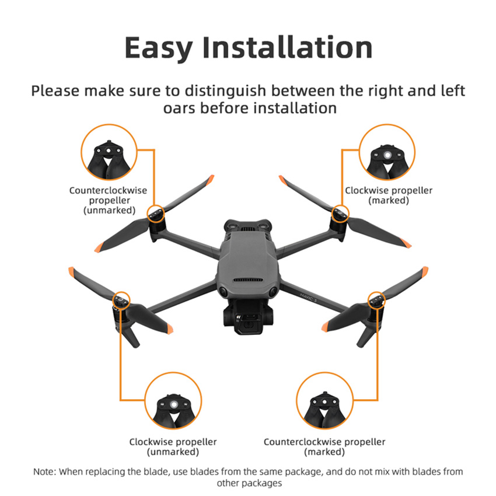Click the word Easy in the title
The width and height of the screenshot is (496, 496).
(159, 48)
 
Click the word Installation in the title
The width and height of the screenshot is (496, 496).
(288, 47)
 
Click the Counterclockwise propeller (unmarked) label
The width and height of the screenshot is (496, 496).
(109, 200)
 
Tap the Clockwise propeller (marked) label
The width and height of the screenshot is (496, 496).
(389, 195)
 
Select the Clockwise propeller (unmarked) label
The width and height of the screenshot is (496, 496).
(173, 446)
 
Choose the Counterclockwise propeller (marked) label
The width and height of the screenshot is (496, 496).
(324, 446)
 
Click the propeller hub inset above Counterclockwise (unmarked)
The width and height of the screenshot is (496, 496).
(109, 152)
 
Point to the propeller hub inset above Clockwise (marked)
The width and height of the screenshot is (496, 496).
(387, 152)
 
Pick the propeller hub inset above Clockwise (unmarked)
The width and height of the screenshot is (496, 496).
(173, 400)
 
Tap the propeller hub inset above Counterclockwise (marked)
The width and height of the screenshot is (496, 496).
(324, 400)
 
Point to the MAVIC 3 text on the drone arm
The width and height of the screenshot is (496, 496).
(308, 298)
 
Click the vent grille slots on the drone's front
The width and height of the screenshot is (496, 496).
(248, 280)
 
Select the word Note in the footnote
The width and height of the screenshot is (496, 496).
(44, 471)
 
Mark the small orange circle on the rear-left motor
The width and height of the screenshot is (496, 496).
(156, 213)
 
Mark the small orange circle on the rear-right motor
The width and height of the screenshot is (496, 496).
(340, 213)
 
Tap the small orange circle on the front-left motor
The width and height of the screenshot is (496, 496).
(121, 300)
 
